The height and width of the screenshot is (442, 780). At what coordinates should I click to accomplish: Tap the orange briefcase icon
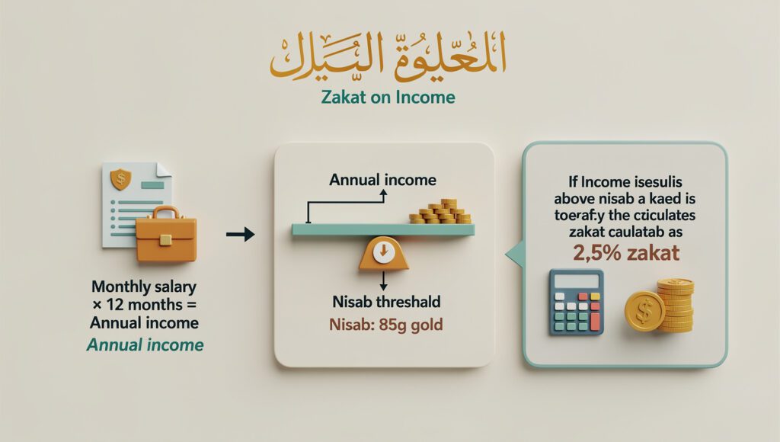coord(165,235)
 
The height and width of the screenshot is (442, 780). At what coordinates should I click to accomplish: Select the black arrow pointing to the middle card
coord(241,235)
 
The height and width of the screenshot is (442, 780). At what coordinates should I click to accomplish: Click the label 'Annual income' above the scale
coord(382,181)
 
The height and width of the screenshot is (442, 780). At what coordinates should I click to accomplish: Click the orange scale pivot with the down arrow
coord(383,253)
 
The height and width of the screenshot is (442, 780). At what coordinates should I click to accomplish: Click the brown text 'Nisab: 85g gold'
coord(386,325)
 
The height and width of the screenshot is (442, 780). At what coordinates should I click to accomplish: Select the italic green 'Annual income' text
coord(145,344)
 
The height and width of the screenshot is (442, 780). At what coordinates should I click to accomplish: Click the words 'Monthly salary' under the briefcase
coord(143,288)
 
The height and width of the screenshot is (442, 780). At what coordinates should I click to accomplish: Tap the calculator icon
coord(577,302)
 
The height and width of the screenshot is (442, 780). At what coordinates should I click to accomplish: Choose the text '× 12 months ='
coord(143,306)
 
